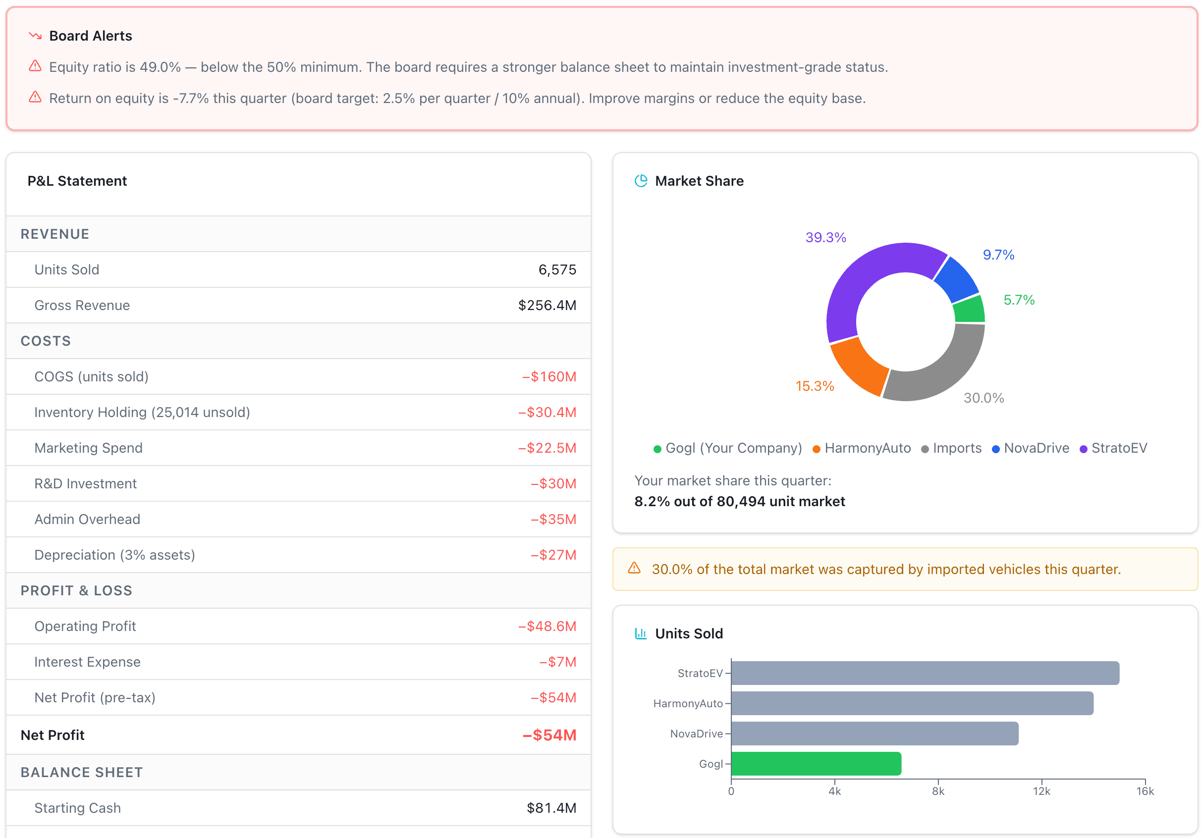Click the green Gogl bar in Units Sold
816,764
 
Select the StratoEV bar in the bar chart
925,673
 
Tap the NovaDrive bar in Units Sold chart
874,733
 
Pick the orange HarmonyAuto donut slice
859,365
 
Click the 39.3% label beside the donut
825,238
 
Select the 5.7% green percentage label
1018,300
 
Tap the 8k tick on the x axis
937,791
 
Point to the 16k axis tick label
1145,791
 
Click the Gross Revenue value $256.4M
546,305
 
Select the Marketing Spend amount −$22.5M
546,448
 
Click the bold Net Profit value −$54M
548,735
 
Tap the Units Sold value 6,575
556,269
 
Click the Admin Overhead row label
87,519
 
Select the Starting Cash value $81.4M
551,808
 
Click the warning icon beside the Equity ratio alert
35,66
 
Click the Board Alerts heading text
91,36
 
